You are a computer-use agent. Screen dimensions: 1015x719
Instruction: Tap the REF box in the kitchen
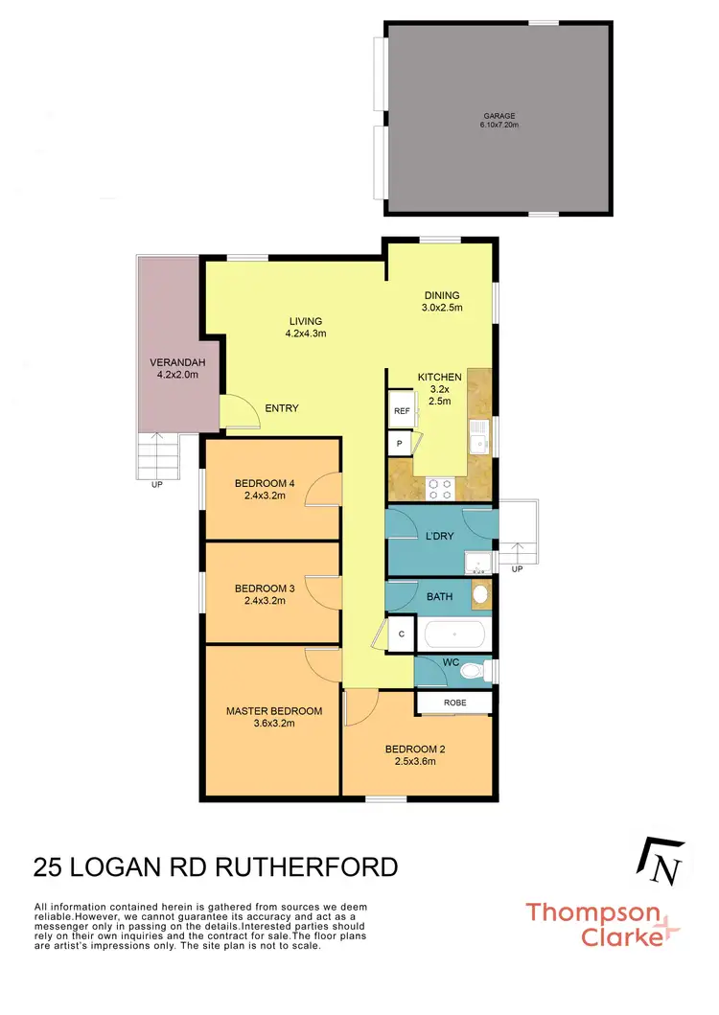click(x=401, y=411)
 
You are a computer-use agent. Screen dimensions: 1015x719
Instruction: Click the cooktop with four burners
click(x=441, y=489)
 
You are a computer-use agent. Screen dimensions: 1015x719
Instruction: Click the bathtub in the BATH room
click(x=454, y=634)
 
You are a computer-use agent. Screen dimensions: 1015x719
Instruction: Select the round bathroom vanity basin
click(x=480, y=593)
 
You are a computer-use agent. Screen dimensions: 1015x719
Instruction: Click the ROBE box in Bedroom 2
click(x=454, y=703)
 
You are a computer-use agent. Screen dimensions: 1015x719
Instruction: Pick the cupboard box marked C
click(x=401, y=634)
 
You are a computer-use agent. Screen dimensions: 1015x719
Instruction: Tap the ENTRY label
click(x=281, y=408)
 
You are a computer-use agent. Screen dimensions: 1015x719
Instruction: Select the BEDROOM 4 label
click(x=265, y=483)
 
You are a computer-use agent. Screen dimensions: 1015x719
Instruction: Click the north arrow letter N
click(x=668, y=871)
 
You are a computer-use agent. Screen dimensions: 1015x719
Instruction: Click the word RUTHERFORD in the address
click(x=306, y=867)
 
